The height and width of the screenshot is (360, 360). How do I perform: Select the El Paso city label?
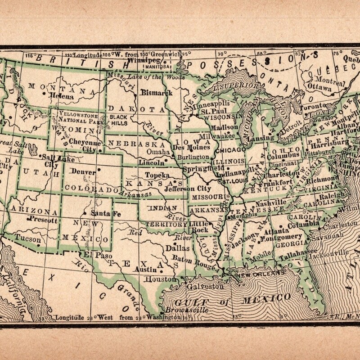pos(92,254)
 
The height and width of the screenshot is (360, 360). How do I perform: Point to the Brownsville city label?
pos(182,310)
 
